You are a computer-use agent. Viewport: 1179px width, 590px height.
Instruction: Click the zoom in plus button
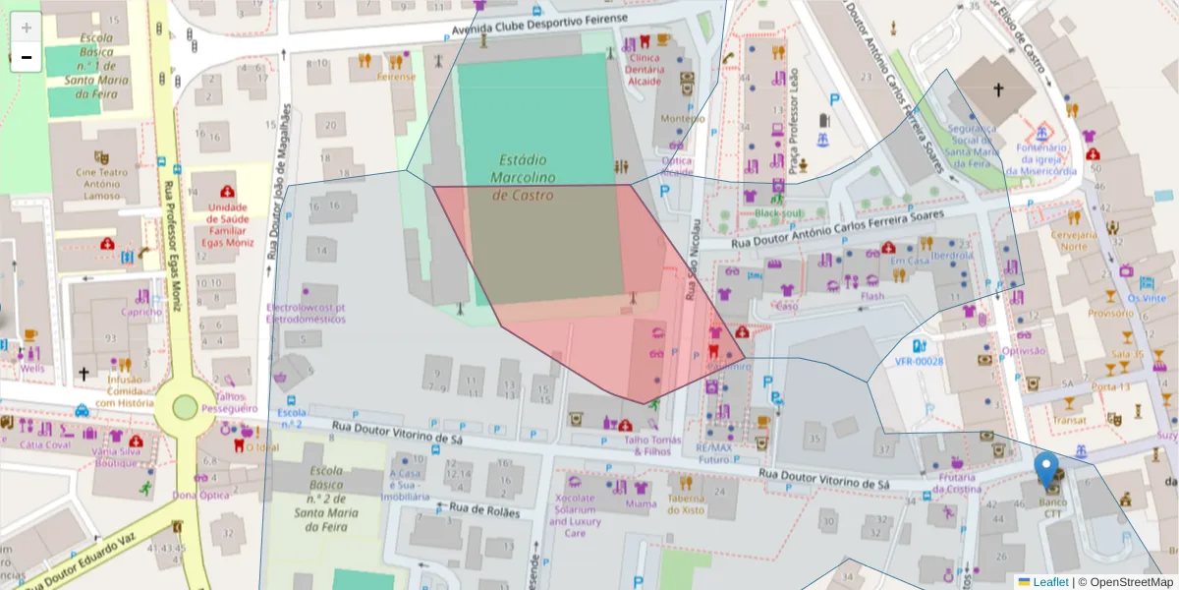click(26, 28)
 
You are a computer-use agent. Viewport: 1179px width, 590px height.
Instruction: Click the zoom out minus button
click(26, 57)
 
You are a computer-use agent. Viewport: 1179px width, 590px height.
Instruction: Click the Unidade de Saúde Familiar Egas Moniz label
click(228, 223)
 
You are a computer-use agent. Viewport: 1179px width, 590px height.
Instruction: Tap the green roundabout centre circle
click(185, 406)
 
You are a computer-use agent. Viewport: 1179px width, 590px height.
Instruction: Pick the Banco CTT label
click(1052, 506)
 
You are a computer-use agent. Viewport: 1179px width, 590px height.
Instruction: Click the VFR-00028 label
click(919, 361)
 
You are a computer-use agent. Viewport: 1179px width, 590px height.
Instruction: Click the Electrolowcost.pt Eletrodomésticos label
click(306, 313)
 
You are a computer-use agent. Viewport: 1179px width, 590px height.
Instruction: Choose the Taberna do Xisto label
click(686, 503)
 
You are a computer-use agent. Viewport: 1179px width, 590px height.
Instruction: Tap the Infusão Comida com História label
click(125, 390)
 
